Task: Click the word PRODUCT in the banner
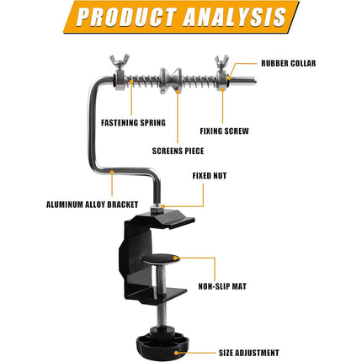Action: coord(126,17)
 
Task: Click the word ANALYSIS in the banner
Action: coord(234,17)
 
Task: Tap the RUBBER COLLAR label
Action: coord(288,63)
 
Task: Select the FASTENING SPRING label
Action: coord(133,123)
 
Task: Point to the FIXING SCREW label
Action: coord(224,131)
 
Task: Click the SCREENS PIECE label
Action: coord(178,151)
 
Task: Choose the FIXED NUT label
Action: coord(210,176)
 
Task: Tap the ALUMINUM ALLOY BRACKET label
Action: coord(92,205)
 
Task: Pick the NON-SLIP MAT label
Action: coord(222,286)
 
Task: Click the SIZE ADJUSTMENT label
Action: coord(248,353)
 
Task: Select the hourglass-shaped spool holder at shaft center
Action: coord(171,80)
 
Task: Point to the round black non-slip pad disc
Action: coord(160,258)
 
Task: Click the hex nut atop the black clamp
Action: coord(157,209)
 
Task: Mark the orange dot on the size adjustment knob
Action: coord(176,353)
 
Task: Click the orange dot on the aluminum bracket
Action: coord(112,171)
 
